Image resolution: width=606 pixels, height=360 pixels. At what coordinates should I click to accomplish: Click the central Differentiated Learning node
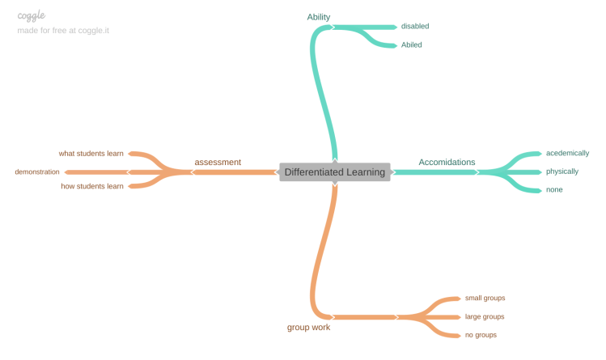pyautogui.click(x=334, y=172)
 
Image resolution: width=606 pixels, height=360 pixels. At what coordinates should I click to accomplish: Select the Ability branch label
pyautogui.click(x=319, y=17)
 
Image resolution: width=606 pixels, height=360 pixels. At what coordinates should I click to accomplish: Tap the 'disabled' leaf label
pyautogui.click(x=415, y=26)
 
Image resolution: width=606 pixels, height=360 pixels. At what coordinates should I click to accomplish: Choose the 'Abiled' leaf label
pyautogui.click(x=412, y=44)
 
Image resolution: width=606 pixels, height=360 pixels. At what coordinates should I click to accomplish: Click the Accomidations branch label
pyautogui.click(x=447, y=162)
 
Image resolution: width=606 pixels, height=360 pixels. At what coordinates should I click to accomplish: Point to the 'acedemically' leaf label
pyautogui.click(x=567, y=153)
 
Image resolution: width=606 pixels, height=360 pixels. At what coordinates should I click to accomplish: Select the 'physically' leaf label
pyautogui.click(x=562, y=172)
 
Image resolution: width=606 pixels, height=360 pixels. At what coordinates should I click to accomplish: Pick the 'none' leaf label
pyautogui.click(x=554, y=189)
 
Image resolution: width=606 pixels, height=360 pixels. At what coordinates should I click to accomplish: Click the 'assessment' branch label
pyautogui.click(x=218, y=162)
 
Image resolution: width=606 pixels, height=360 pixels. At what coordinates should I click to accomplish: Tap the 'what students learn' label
pyautogui.click(x=91, y=153)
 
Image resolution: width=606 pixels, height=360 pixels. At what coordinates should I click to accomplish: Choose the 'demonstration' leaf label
pyautogui.click(x=37, y=172)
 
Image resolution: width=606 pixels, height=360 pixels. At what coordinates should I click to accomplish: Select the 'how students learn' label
pyautogui.click(x=92, y=186)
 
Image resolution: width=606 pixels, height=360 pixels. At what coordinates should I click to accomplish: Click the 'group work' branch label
pyautogui.click(x=308, y=328)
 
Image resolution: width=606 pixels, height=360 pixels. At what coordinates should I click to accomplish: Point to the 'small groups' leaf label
pyautogui.click(x=485, y=298)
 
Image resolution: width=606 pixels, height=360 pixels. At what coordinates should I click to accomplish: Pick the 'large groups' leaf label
pyautogui.click(x=485, y=316)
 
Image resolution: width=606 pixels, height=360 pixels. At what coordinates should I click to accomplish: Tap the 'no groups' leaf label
pyautogui.click(x=481, y=334)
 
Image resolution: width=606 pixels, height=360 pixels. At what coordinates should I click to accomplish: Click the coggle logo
pyautogui.click(x=31, y=15)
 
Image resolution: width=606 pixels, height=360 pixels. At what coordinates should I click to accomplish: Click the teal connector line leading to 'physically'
pyautogui.click(x=510, y=172)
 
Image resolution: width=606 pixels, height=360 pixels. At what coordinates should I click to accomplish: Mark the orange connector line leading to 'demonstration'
pyautogui.click(x=97, y=172)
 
